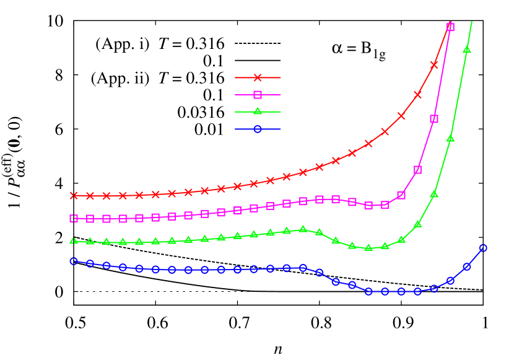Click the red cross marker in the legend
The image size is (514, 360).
(x=258, y=77)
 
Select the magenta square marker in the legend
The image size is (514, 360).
(x=258, y=95)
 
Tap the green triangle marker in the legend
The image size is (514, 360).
(x=258, y=112)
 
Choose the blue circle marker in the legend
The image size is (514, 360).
(x=258, y=129)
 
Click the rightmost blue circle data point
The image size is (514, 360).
(x=483, y=248)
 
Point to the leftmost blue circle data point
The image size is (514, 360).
(x=74, y=261)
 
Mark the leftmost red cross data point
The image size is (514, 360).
(x=74, y=195)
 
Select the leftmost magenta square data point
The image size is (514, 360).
(x=74, y=218)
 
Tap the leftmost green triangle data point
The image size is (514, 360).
(x=74, y=241)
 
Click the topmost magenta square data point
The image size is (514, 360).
(x=450, y=27)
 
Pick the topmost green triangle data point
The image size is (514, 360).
(x=467, y=50)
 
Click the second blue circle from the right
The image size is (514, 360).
(x=467, y=266)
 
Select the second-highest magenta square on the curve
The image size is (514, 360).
(x=434, y=119)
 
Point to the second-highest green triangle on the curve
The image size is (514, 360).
(x=450, y=139)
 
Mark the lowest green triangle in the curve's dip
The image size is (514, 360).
(x=368, y=248)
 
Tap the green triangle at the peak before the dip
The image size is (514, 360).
(x=303, y=229)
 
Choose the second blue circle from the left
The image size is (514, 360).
(x=90, y=263)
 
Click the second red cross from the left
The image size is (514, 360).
(x=90, y=196)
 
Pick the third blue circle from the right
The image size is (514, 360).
(x=450, y=281)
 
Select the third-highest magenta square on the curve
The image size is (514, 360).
(x=418, y=170)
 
